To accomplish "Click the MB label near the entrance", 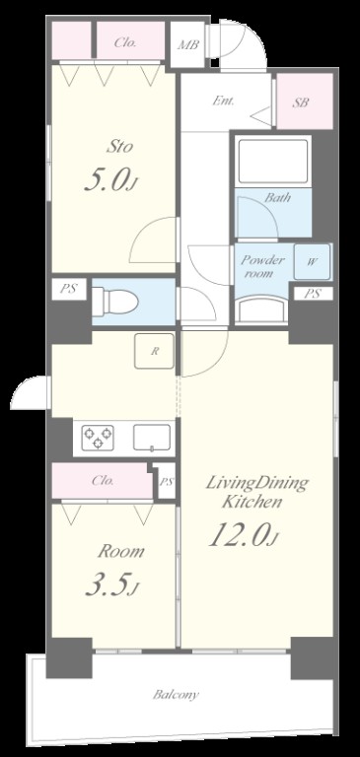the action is click(x=188, y=45).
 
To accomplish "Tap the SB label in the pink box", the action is click(x=300, y=103).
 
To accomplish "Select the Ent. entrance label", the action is click(x=224, y=102).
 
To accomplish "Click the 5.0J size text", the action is click(x=112, y=180).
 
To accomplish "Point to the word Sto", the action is click(x=120, y=146).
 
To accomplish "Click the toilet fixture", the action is click(x=115, y=302).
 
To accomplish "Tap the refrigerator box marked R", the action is click(x=154, y=351).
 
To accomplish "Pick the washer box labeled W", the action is click(x=312, y=262).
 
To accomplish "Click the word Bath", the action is click(x=277, y=197).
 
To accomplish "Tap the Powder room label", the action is click(x=263, y=266).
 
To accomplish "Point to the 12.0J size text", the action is click(x=244, y=536).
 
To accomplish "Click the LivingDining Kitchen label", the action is click(x=256, y=493).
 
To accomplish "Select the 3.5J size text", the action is click(x=112, y=585).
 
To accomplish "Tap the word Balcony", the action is click(x=176, y=695).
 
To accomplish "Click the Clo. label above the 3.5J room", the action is click(x=103, y=481).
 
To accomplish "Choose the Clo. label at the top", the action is click(x=125, y=42).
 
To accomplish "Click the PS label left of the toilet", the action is click(x=69, y=289).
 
